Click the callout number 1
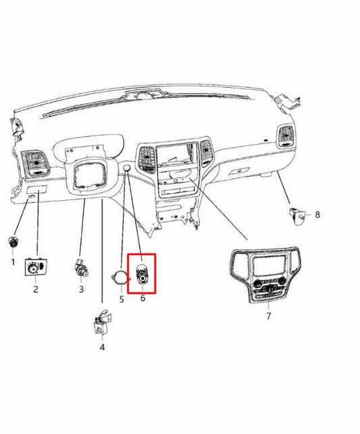tap(13, 261)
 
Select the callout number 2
tap(36, 289)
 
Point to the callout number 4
tap(102, 347)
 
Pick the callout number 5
tap(122, 298)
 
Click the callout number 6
tap(143, 298)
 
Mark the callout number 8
tap(317, 215)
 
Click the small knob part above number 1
tap(13, 243)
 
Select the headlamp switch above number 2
tap(35, 268)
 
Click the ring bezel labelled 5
tap(120, 277)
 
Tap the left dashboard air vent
tap(33, 163)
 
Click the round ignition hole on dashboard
tap(126, 168)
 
